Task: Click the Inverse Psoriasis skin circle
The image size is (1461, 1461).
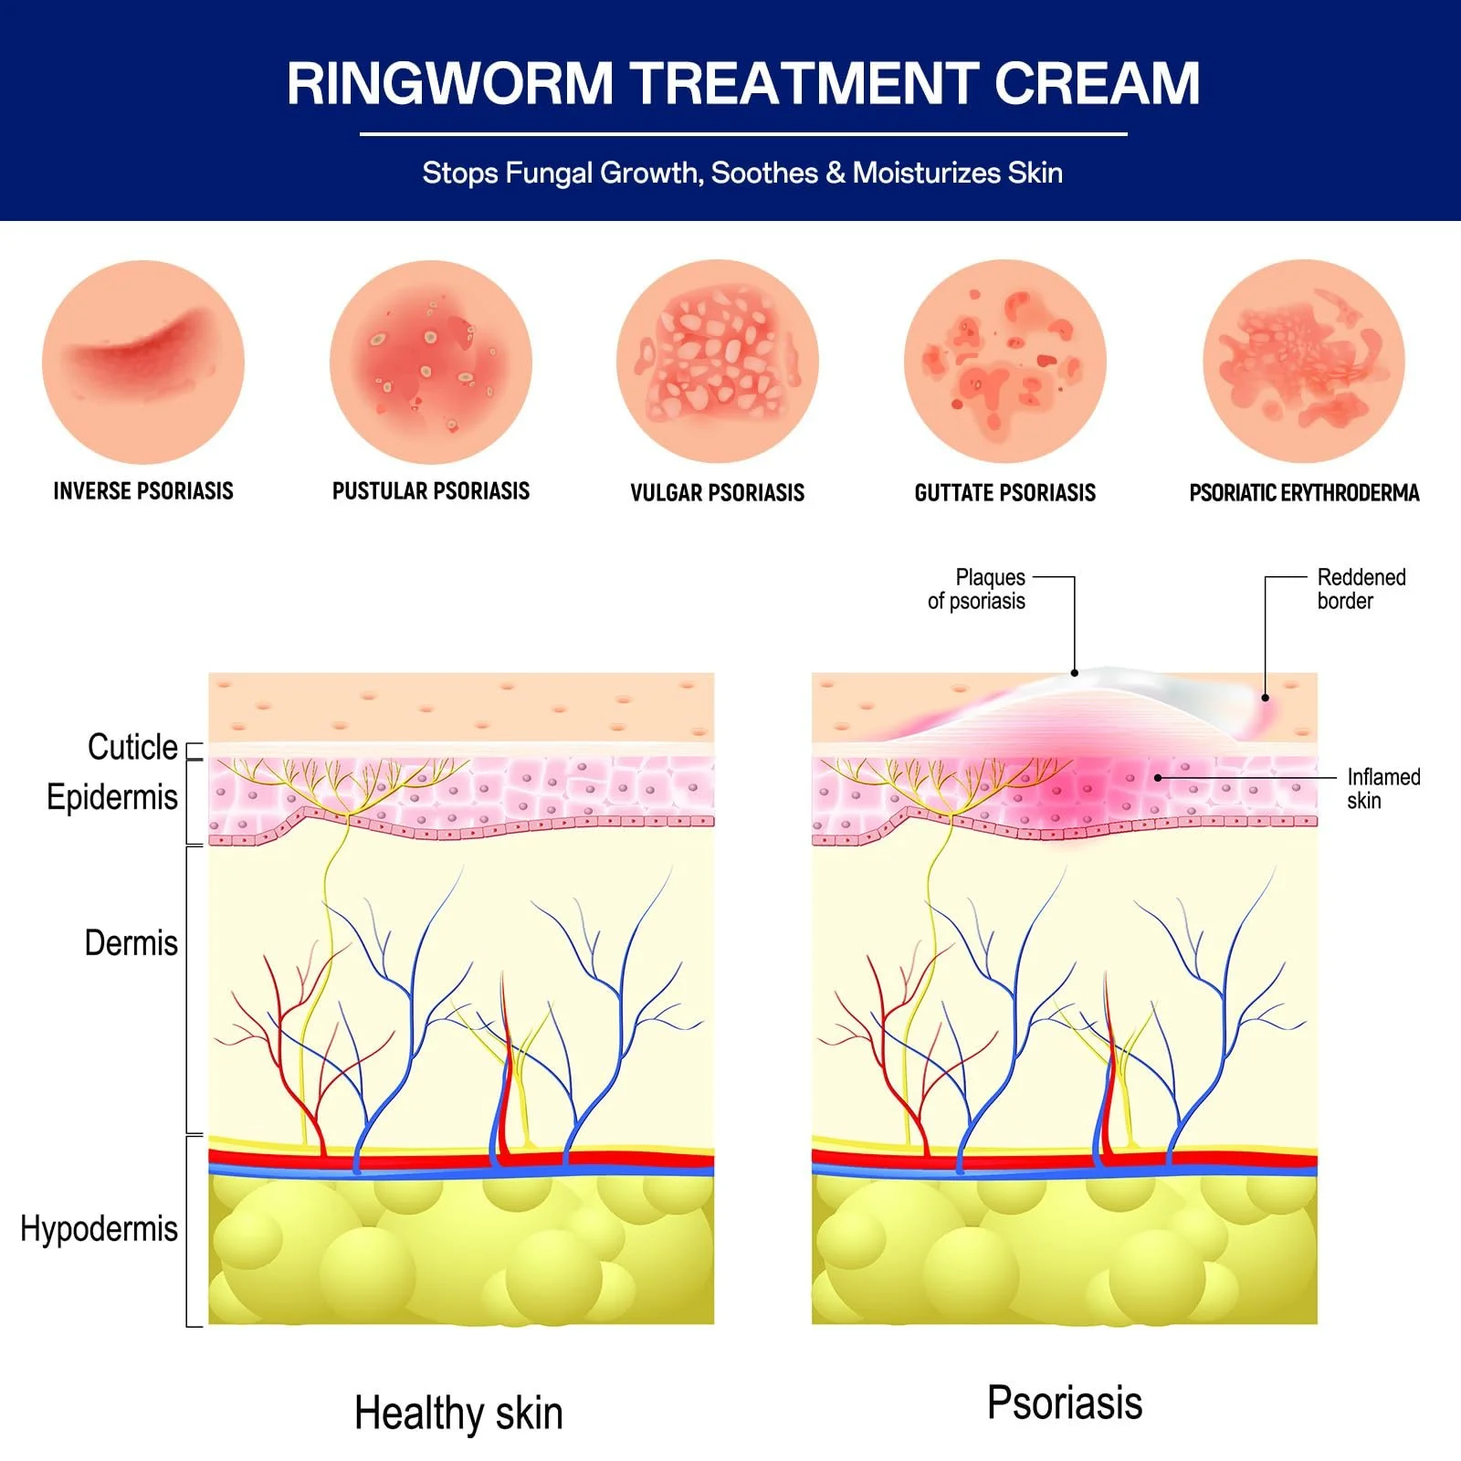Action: pyautogui.click(x=143, y=363)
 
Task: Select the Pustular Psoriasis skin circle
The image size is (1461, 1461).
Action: pyautogui.click(x=431, y=363)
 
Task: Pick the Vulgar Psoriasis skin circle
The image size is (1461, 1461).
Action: pyautogui.click(x=718, y=363)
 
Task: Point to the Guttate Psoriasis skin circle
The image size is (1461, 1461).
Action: pyautogui.click(x=1005, y=363)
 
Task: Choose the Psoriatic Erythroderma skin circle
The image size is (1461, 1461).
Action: pyautogui.click(x=1304, y=363)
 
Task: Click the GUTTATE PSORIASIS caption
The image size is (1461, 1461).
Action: pyautogui.click(x=1005, y=493)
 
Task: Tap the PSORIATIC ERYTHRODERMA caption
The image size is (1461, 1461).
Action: pyautogui.click(x=1304, y=493)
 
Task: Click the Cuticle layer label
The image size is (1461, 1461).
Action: pyautogui.click(x=132, y=747)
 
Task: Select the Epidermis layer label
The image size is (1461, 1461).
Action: pyautogui.click(x=112, y=797)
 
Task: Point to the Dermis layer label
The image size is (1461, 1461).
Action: pyautogui.click(x=131, y=942)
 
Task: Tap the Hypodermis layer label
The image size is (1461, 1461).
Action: pyautogui.click(x=99, y=1228)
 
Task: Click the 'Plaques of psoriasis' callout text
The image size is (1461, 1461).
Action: pyautogui.click(x=977, y=589)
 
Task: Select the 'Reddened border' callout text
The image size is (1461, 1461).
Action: pyautogui.click(x=1361, y=589)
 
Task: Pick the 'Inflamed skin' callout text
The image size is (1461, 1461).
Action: pyautogui.click(x=1382, y=788)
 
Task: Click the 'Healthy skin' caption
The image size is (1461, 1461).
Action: pyautogui.click(x=458, y=1413)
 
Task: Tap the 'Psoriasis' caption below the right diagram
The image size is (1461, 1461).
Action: pyautogui.click(x=1065, y=1403)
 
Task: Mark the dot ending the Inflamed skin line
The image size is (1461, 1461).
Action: pyautogui.click(x=1158, y=778)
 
